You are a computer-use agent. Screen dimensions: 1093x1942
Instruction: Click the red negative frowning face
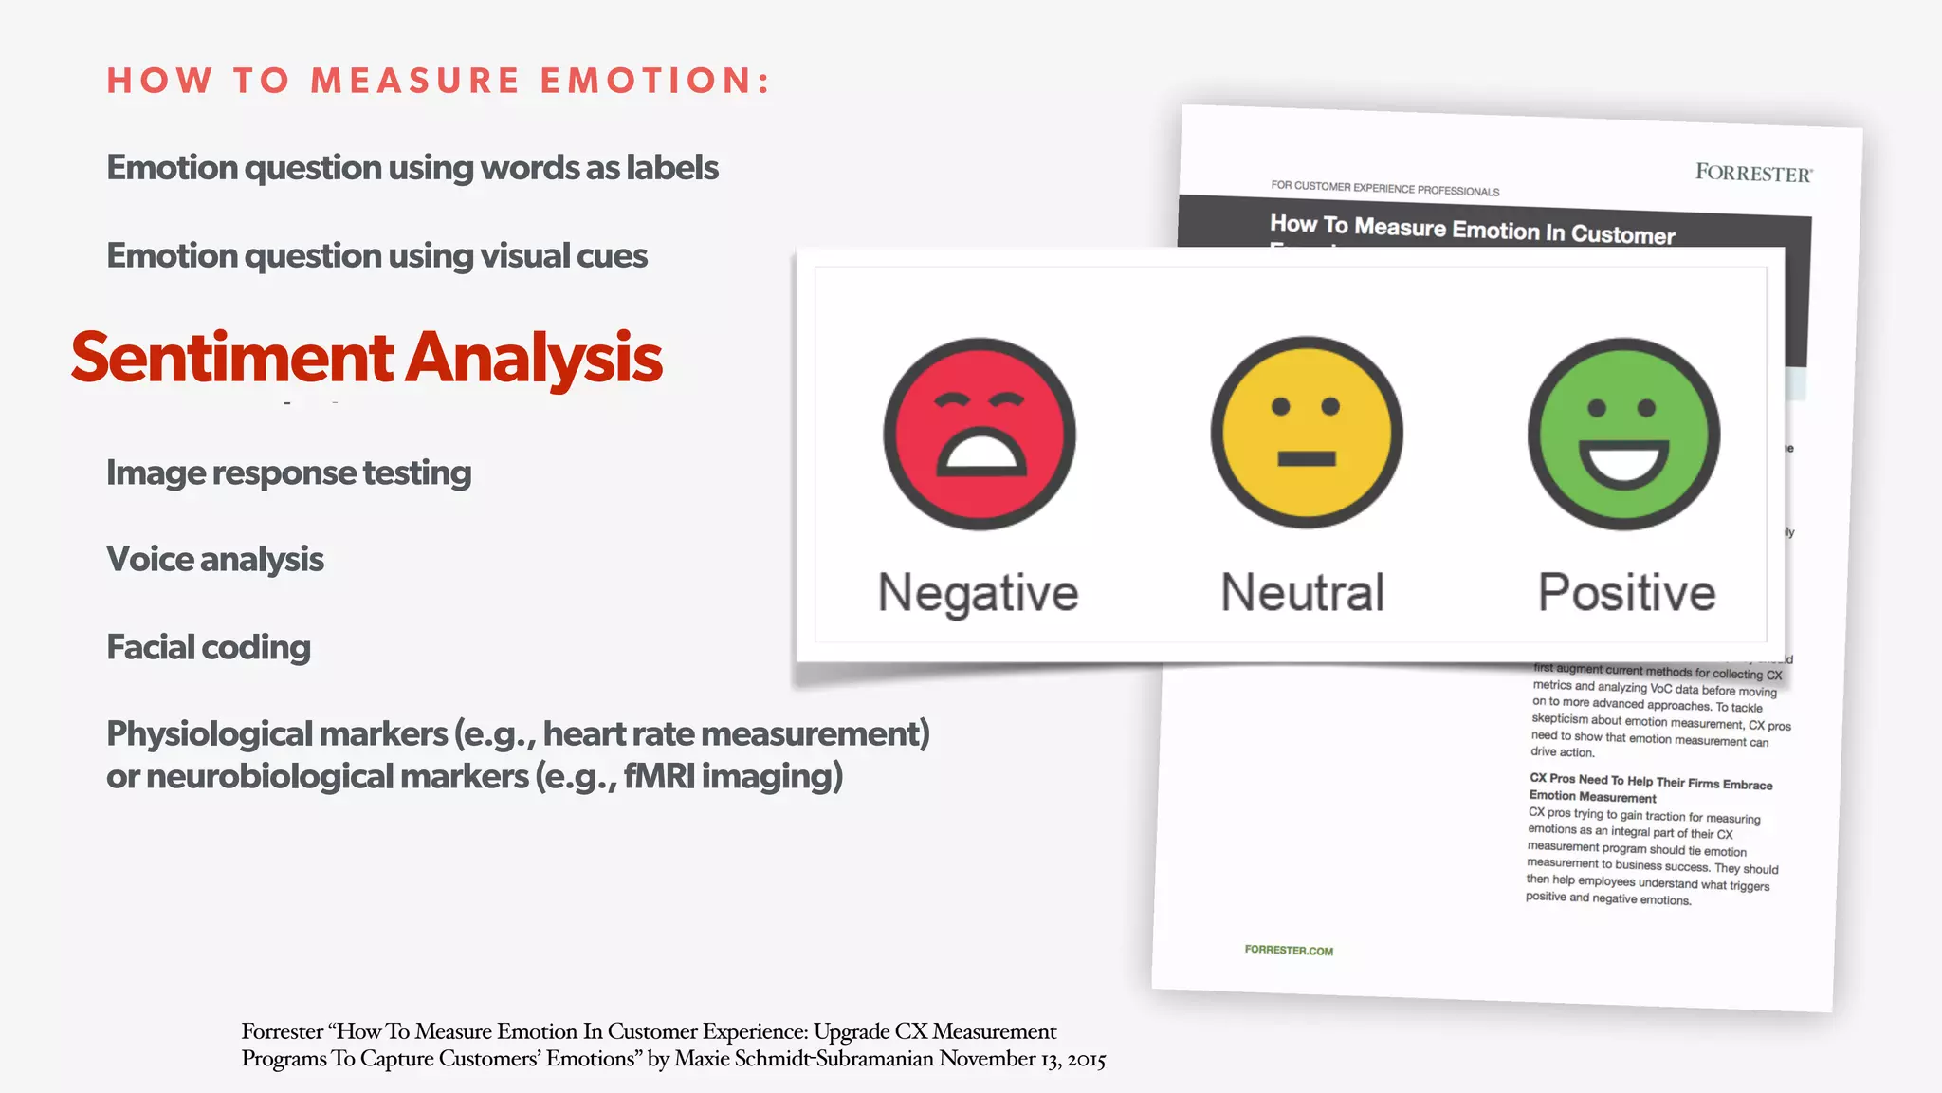[980, 434]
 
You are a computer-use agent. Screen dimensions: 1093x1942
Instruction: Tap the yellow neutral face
[1306, 433]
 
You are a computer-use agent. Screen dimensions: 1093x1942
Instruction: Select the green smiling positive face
[1623, 434]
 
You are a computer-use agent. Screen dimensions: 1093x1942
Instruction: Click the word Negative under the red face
[978, 594]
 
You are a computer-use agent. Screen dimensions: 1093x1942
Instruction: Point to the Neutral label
[1302, 593]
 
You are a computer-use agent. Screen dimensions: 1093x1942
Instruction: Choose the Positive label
[1626, 593]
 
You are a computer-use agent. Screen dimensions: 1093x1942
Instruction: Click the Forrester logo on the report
[1753, 173]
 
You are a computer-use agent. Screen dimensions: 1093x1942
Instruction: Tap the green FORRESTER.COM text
[1289, 950]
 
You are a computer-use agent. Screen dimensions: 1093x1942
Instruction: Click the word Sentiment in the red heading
[231, 359]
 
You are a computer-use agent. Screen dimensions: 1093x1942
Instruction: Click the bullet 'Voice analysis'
[215, 560]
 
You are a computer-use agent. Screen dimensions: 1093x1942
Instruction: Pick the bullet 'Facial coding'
[209, 647]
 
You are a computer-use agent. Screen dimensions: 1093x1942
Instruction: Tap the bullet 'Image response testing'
[288, 472]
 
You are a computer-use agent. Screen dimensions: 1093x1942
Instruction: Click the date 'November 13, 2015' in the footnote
[1021, 1059]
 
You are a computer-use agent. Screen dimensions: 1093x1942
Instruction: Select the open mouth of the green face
[1623, 463]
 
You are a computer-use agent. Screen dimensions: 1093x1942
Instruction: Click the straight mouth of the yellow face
[1306, 459]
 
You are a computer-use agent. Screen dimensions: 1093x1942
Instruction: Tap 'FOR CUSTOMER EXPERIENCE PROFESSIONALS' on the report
[1384, 188]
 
